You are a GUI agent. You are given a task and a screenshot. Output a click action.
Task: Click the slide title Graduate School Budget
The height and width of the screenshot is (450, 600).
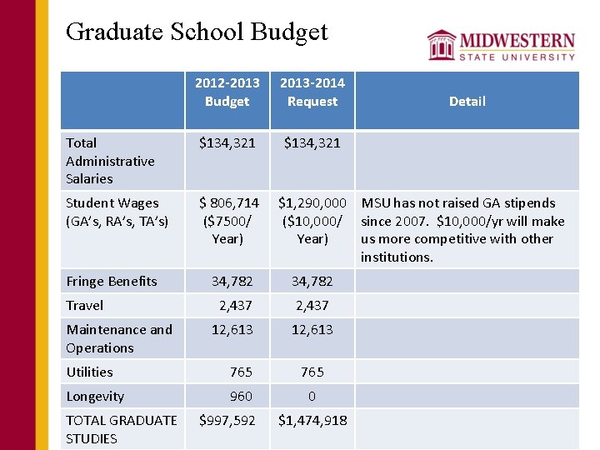[197, 32]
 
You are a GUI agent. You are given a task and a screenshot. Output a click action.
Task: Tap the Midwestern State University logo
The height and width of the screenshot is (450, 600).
[501, 45]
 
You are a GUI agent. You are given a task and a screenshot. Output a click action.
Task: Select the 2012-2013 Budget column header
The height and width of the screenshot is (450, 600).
[227, 92]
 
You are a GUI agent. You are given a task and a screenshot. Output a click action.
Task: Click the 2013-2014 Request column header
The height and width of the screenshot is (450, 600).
[312, 92]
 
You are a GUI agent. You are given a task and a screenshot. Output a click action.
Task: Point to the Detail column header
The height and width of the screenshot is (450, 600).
[467, 101]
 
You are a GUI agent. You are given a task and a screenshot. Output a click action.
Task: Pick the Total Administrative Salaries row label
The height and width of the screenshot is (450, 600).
[110, 161]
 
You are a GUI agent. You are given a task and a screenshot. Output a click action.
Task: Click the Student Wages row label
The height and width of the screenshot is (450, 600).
[117, 212]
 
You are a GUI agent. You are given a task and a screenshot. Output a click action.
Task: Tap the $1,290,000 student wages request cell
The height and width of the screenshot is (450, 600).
[312, 220]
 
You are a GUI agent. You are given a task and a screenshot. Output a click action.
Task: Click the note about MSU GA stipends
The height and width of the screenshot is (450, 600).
[462, 229]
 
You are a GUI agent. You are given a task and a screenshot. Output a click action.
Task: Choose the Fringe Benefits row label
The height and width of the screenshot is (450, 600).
[112, 281]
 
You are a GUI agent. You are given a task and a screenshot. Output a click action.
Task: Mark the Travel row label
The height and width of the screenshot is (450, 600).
[85, 305]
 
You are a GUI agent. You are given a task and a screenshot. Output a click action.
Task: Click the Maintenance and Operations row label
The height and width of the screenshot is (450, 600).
[119, 338]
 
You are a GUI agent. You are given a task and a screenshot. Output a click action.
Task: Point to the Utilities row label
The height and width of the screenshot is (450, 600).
[89, 372]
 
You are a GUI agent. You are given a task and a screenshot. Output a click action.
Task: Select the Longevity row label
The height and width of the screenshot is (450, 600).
[95, 396]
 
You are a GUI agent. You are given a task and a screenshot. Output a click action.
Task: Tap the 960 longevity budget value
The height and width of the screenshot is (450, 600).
[241, 396]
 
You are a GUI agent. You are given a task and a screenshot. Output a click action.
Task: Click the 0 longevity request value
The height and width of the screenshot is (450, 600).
[312, 396]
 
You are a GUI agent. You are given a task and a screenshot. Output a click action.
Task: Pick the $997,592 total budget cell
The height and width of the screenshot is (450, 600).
[227, 421]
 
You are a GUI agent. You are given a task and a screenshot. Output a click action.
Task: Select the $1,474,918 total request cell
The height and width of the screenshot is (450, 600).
[312, 421]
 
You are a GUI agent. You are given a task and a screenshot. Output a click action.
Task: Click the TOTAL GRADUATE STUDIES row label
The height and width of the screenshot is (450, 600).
[121, 429]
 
